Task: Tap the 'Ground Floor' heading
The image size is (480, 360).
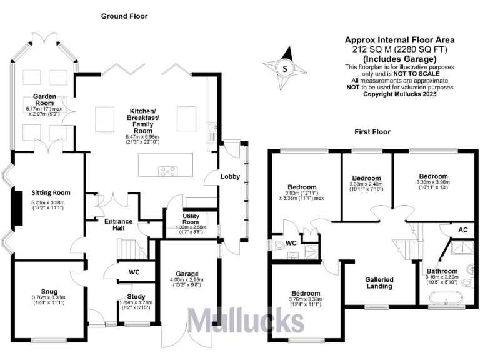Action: pos(124,16)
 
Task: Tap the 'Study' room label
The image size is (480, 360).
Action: pos(136,297)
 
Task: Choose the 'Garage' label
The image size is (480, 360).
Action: pos(187,274)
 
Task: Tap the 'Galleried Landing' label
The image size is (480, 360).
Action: pos(379,283)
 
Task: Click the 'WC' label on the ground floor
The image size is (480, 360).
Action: pos(132,272)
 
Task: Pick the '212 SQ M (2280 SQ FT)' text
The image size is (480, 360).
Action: pos(400,48)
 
